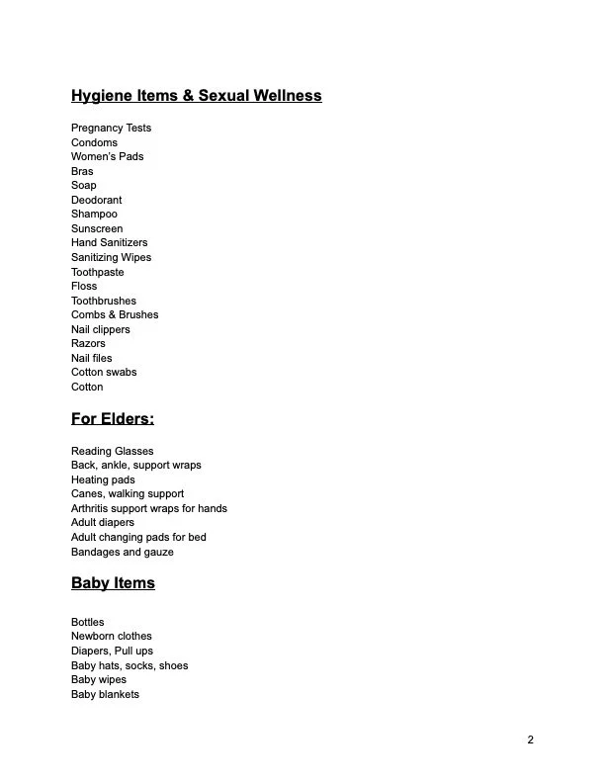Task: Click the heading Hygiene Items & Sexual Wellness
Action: coord(196,96)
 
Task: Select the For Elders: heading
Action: coord(112,418)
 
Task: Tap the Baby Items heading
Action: coord(113,582)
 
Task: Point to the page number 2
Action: coord(530,739)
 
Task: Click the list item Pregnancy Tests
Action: coord(111,128)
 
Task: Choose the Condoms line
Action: coord(94,142)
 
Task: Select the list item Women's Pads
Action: coord(107,156)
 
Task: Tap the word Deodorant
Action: coord(96,200)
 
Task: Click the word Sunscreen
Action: coord(97,228)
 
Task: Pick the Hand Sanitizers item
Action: coord(109,242)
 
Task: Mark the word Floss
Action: coord(84,286)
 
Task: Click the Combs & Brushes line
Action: coord(115,314)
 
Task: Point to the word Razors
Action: coord(88,343)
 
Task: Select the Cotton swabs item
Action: coord(104,372)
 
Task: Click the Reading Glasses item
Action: coord(112,451)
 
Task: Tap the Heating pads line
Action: coord(103,479)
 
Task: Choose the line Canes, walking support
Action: coord(128,493)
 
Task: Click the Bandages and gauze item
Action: coord(122,552)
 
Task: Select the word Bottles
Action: coord(87,622)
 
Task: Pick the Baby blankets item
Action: coord(105,694)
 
